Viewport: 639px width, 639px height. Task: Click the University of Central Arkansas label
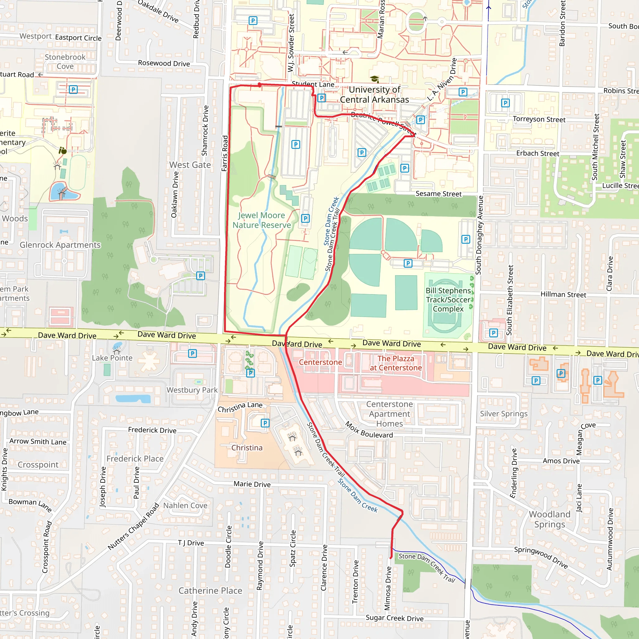[x=374, y=95]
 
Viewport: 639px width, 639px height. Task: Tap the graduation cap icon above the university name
[x=374, y=79]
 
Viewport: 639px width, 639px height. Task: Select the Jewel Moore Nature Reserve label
[x=261, y=220]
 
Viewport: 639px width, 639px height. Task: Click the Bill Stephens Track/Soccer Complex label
[x=448, y=300]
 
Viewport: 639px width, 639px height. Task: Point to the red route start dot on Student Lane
[x=260, y=85]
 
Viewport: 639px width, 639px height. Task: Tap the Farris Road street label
[x=225, y=154]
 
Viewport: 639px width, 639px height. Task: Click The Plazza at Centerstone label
[x=396, y=363]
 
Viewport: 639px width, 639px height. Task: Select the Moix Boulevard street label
[x=369, y=430]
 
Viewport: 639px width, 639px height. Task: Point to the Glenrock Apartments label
[x=60, y=245]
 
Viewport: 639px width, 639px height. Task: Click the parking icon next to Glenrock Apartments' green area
[x=200, y=276]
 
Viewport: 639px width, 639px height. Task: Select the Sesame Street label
[x=438, y=194]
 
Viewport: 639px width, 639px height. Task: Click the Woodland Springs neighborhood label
[x=549, y=519]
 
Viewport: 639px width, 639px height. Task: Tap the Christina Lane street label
[x=240, y=407]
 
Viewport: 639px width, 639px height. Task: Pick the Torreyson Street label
[x=539, y=120]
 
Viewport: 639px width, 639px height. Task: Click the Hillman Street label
[x=563, y=294]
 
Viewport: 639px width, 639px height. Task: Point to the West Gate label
[x=190, y=165]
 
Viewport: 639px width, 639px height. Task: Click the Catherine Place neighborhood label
[x=210, y=591]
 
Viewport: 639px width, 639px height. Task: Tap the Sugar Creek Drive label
[x=394, y=618]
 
